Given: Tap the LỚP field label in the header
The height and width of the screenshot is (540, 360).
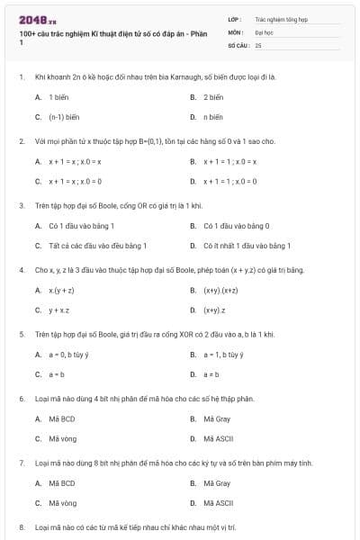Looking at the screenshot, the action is [x=234, y=18].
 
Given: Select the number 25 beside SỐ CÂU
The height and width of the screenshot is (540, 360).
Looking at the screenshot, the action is [x=258, y=44].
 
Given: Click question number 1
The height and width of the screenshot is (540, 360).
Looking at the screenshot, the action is [x=22, y=77].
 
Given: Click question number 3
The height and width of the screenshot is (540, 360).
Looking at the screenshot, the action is [x=22, y=205].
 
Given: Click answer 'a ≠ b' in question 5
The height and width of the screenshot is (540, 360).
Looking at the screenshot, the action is [x=211, y=374].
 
